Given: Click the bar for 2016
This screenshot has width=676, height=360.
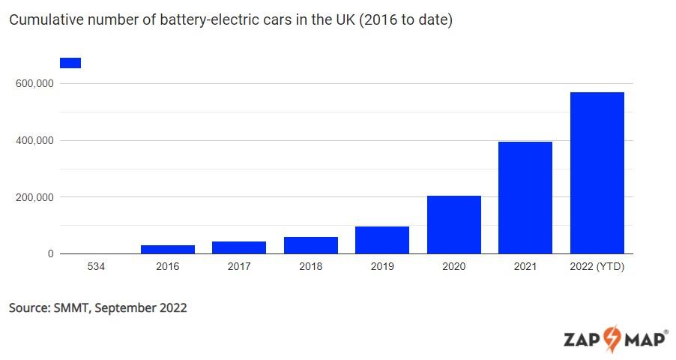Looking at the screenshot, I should coord(168,249).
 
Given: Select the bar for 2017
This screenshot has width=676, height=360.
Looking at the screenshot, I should coord(239,247).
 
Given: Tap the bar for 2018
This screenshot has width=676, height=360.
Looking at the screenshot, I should coord(311,245).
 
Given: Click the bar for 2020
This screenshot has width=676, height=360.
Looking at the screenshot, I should coord(454,225).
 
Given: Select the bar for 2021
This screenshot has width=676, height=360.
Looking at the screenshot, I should coord(525,198).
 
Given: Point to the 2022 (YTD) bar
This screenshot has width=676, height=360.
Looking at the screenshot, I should coord(597,173).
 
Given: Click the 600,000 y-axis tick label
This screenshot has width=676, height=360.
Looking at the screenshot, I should coord(34,83).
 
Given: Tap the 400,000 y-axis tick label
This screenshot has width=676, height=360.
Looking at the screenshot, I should coord(34,140).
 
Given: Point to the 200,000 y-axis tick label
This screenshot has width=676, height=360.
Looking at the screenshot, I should coord(34,197).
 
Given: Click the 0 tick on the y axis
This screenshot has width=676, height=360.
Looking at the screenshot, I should coord(50,254).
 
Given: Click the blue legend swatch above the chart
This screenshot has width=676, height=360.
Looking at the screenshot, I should coord(70,63).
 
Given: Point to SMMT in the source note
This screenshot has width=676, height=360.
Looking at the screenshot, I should coord(72,307).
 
